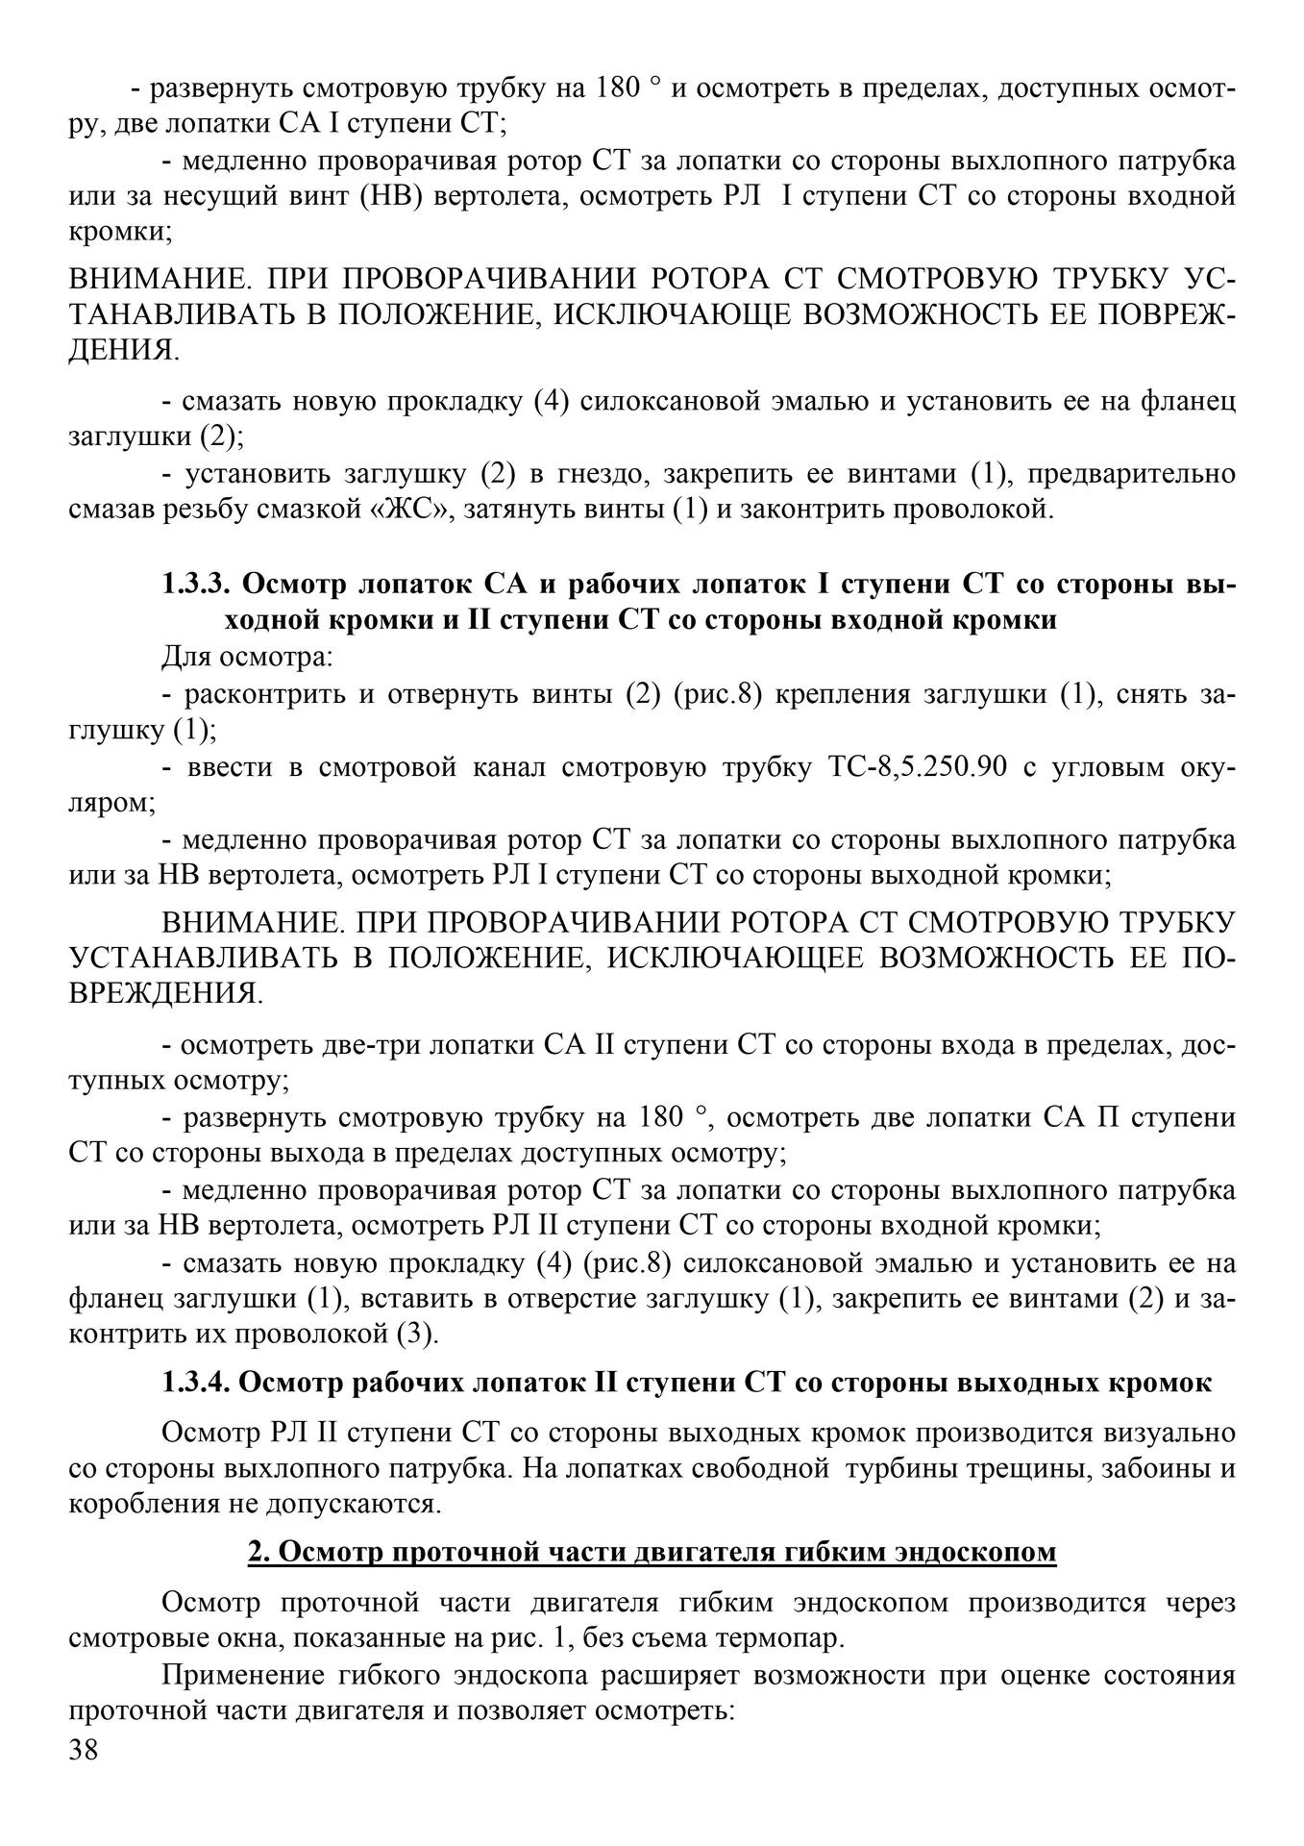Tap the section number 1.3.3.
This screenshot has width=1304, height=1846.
(196, 585)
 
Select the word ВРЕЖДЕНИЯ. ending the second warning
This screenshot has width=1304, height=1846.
(165, 993)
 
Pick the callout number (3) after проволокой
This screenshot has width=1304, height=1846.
(417, 1335)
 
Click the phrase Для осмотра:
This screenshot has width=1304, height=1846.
(247, 658)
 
